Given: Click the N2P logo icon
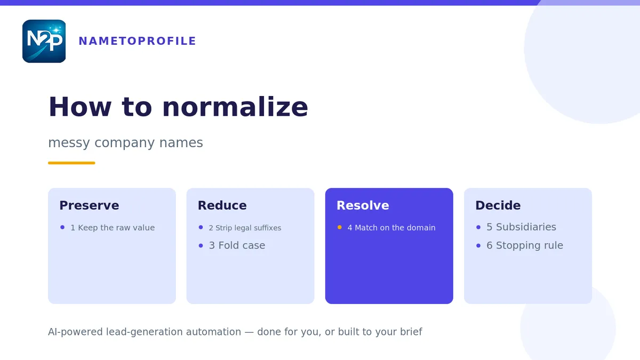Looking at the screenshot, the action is click(44, 41).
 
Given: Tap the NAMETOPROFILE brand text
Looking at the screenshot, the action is click(138, 41).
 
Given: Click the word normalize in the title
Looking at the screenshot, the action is click(235, 107).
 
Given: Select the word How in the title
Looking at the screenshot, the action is click(80, 107).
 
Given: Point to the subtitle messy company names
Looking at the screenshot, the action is click(125, 142).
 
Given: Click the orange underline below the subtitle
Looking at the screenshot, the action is click(71, 163).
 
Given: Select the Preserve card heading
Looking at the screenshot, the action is click(89, 205).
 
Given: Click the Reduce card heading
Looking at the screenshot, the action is click(222, 205).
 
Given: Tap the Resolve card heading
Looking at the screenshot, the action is click(363, 205).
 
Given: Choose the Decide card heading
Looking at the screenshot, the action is click(498, 205).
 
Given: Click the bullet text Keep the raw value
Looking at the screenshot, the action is click(116, 228).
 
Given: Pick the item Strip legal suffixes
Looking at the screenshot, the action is click(249, 228).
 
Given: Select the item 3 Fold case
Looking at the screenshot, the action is click(237, 245).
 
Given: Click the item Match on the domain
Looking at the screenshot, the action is click(395, 228).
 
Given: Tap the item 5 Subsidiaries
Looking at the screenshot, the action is click(521, 227).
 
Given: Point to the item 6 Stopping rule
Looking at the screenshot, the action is click(525, 245).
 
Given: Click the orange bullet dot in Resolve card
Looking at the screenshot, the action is click(339, 227).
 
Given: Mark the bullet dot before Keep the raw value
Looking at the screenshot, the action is click(62, 227).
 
